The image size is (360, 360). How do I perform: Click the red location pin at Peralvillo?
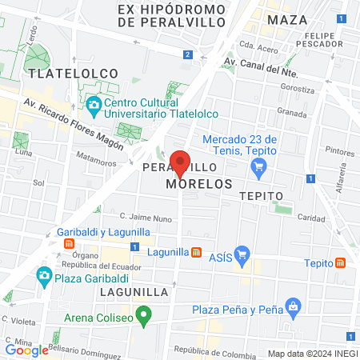click(x=181, y=163)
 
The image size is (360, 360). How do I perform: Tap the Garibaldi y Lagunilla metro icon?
click(x=70, y=244)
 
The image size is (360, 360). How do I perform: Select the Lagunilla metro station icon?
click(x=196, y=252)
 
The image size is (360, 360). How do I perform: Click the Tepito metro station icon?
click(x=342, y=262)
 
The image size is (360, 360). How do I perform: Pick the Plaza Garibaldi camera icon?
click(x=43, y=277)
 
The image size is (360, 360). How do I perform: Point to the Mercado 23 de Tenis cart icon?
click(x=258, y=167)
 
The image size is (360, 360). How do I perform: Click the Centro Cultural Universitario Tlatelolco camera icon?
click(x=94, y=104)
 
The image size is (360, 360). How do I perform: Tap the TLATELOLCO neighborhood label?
click(x=73, y=73)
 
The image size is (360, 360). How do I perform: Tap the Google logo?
click(x=26, y=350)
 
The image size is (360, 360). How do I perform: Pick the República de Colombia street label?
click(x=208, y=350)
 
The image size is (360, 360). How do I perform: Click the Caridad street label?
click(x=310, y=217)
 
